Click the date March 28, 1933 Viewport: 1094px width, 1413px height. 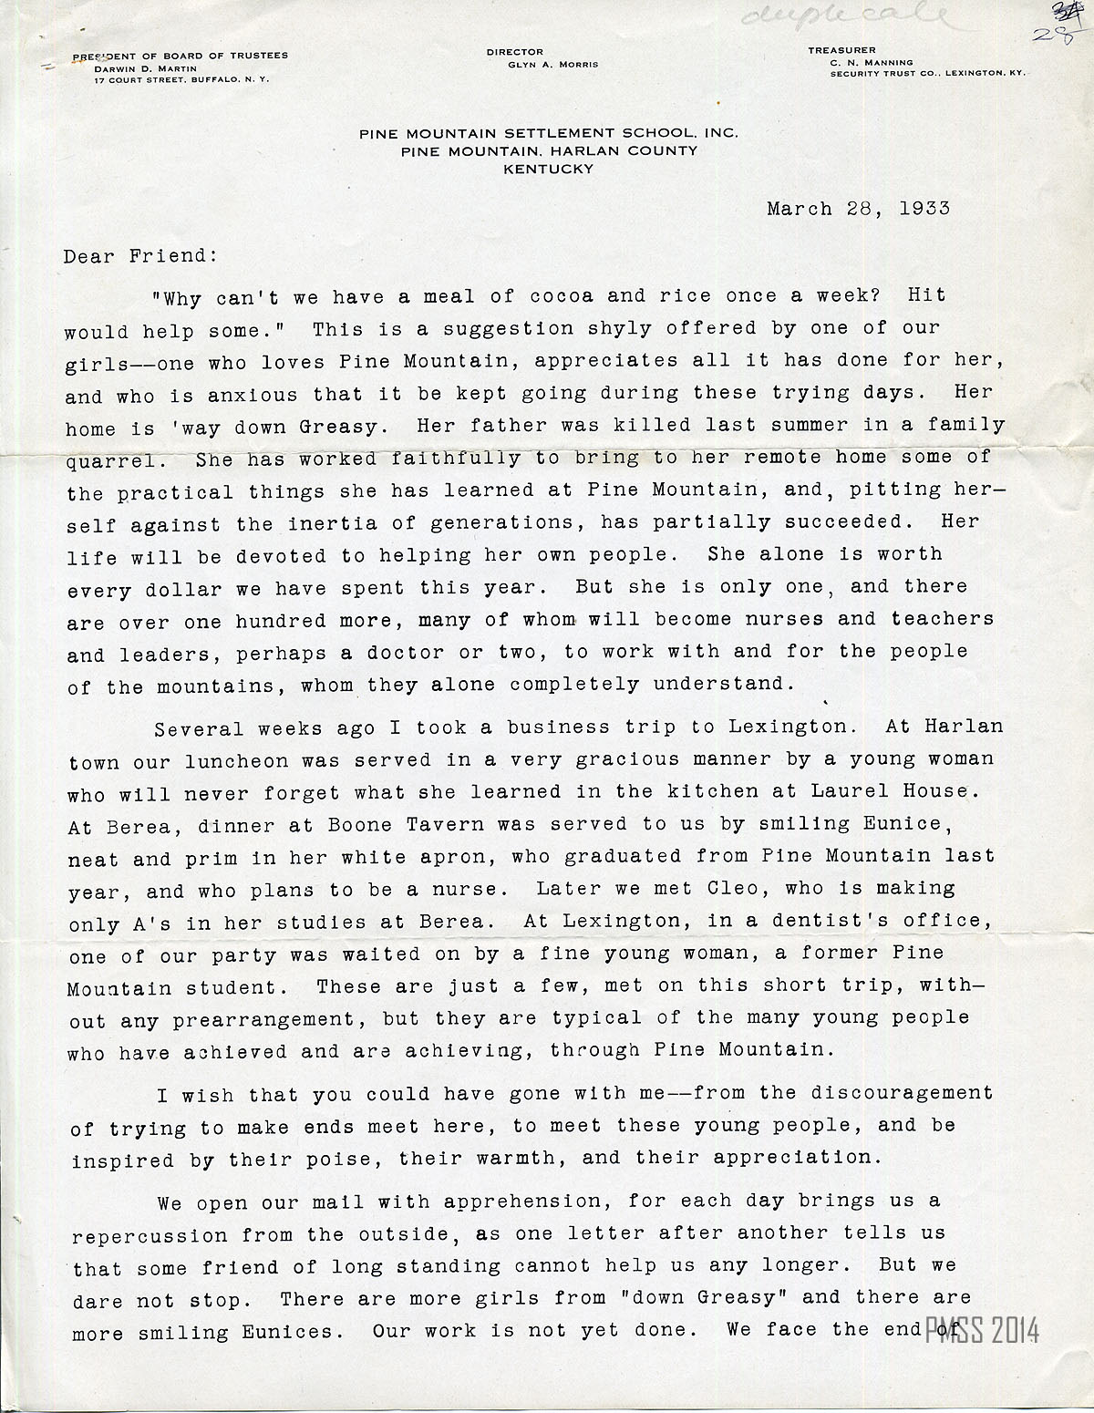tap(858, 208)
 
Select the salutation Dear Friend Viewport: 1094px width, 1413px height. tap(140, 256)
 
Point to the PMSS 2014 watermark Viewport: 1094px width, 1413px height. tap(982, 1330)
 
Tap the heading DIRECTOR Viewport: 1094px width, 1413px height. tap(514, 52)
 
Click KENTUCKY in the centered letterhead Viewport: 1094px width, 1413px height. tap(548, 169)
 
